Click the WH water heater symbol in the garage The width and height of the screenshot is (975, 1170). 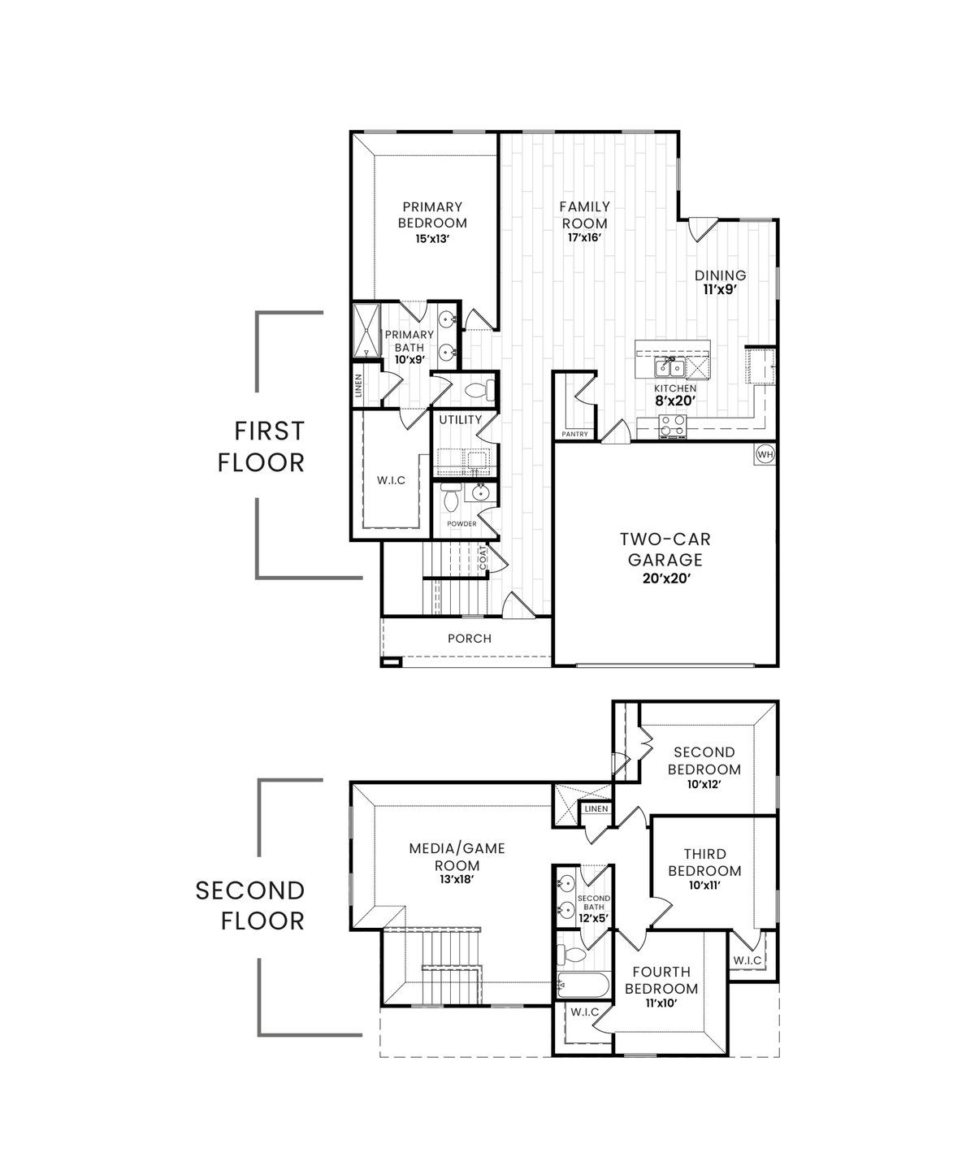[765, 454]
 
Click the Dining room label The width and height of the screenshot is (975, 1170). [720, 275]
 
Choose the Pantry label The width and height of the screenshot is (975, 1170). [574, 434]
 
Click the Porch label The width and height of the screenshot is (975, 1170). [470, 639]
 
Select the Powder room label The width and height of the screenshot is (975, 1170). [461, 524]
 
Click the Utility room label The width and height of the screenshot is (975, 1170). [461, 420]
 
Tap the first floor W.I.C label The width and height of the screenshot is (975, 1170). [391, 480]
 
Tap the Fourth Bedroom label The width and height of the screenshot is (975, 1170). [661, 980]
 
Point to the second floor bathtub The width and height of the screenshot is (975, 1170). [581, 985]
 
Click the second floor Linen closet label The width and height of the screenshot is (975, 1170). [596, 809]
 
